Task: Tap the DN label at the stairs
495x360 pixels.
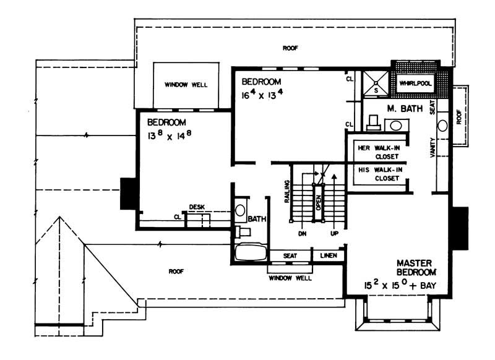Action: click(303, 235)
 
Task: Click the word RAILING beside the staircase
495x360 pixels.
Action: click(287, 192)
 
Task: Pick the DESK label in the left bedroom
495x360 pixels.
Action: click(197, 207)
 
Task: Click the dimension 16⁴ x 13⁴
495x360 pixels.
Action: click(262, 95)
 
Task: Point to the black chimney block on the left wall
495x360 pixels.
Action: click(128, 193)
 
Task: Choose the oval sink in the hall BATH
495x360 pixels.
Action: click(240, 210)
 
